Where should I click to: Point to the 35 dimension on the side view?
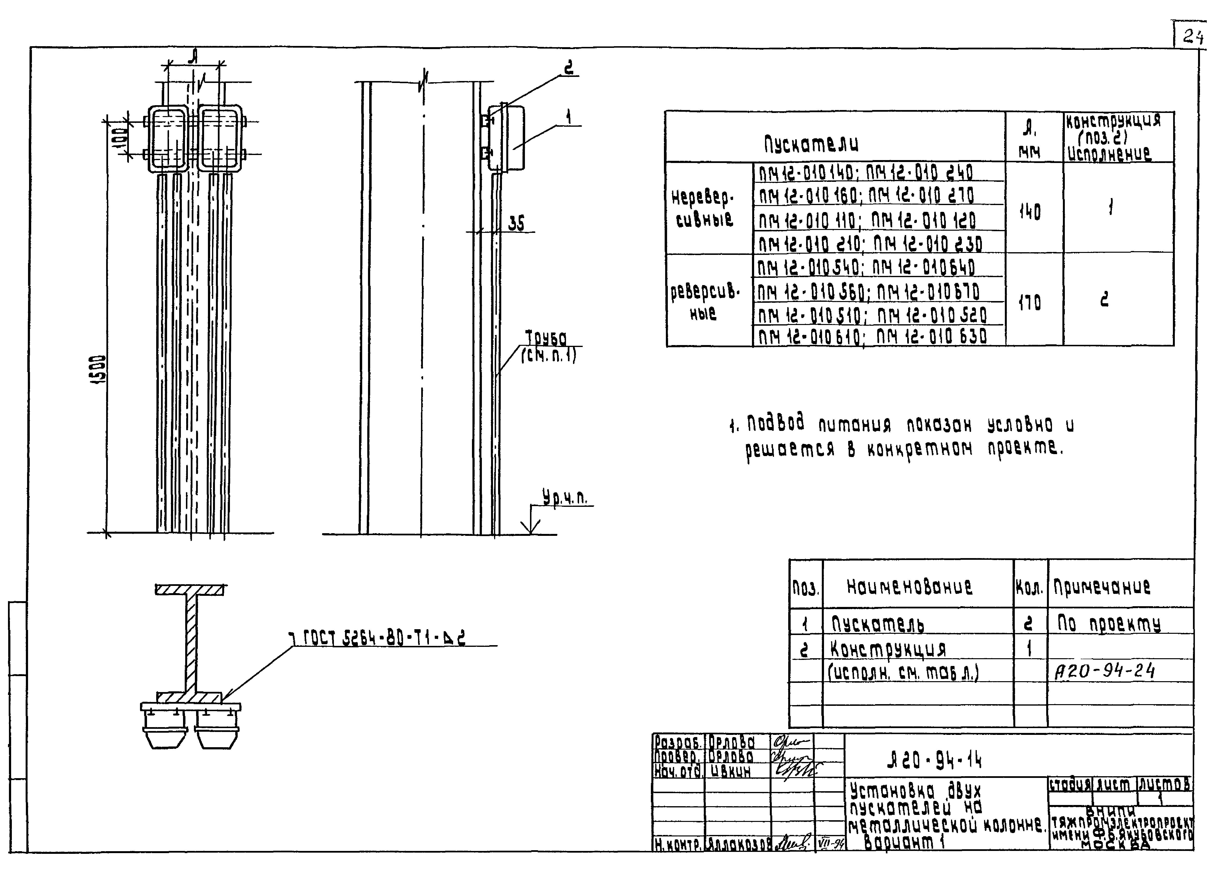(x=516, y=223)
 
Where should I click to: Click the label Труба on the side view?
(x=545, y=338)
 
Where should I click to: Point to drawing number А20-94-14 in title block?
(x=934, y=760)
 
